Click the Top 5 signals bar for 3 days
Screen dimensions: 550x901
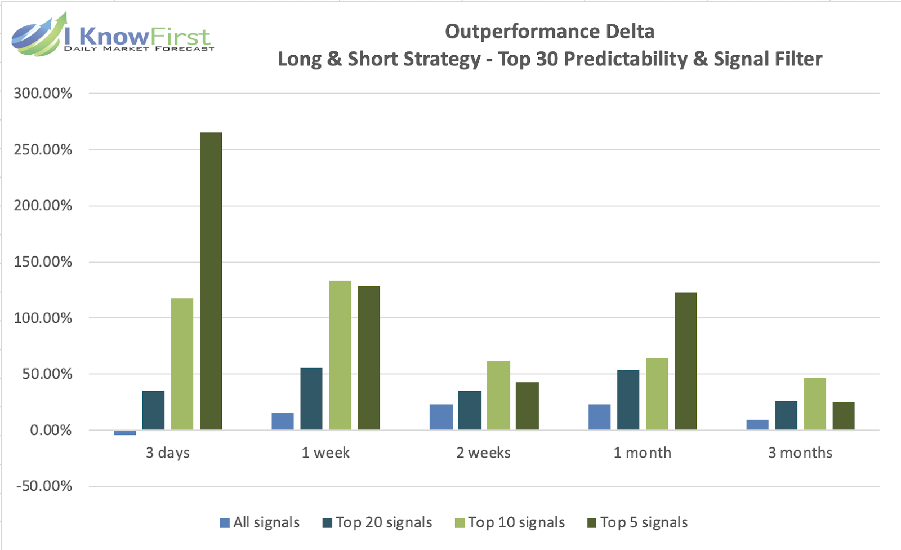211,281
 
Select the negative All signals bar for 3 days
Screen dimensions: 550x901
124,433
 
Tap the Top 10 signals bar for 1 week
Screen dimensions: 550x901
340,355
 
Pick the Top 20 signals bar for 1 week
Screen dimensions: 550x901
311,399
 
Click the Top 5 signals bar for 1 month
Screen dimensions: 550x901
685,361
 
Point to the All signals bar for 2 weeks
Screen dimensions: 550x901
441,417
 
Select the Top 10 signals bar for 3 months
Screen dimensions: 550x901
815,403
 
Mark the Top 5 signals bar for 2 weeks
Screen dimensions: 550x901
527,406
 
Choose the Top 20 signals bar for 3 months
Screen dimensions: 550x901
786,415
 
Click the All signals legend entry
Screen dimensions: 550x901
260,522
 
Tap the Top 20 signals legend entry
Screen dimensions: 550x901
377,522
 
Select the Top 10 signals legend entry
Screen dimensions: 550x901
510,522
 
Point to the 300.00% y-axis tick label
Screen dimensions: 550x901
43,94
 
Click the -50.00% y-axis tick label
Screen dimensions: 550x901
44,486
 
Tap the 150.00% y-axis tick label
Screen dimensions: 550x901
43,262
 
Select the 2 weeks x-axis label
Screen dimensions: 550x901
483,453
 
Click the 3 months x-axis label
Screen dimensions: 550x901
800,453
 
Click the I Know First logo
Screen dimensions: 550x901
113,35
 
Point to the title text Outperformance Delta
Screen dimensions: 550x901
550,32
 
